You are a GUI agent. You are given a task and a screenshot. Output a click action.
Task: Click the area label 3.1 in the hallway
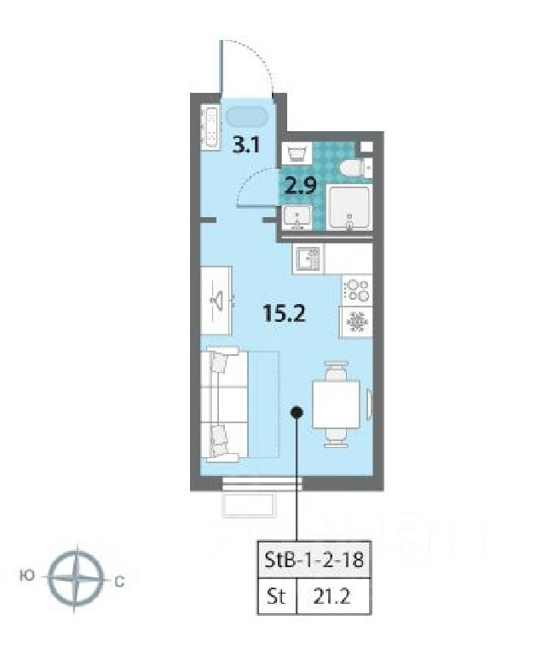[x=246, y=146]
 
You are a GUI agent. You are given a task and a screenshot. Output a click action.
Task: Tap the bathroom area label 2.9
[x=301, y=186]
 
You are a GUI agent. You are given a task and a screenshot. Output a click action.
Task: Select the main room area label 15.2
[x=285, y=313]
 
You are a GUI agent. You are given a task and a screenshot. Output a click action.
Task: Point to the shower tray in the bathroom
[x=349, y=207]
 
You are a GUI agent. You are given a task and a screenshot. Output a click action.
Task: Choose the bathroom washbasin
[x=297, y=217]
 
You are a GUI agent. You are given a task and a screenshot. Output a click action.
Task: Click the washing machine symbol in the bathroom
[x=297, y=153]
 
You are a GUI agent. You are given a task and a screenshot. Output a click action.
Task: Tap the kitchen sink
[x=308, y=259]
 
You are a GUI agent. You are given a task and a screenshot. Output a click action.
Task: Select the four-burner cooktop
[x=357, y=290]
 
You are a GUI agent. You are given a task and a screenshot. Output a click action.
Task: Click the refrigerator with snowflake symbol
[x=357, y=322]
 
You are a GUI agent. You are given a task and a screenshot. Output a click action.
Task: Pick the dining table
[x=336, y=404]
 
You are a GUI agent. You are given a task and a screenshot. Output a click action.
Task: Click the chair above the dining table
[x=336, y=370]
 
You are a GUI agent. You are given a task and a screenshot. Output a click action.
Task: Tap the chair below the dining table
[x=336, y=438]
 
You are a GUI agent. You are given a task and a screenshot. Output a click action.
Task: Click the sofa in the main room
[x=225, y=404]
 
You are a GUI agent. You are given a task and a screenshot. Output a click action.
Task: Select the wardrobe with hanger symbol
[x=216, y=301]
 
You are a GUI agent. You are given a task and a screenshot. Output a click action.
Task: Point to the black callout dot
[x=297, y=412]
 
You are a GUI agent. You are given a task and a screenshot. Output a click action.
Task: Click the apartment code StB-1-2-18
[x=314, y=559]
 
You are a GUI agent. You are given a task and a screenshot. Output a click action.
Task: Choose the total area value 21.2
[x=331, y=597]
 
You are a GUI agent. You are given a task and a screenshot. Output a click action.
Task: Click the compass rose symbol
[x=76, y=579]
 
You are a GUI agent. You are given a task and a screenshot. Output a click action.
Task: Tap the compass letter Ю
[x=26, y=576]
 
